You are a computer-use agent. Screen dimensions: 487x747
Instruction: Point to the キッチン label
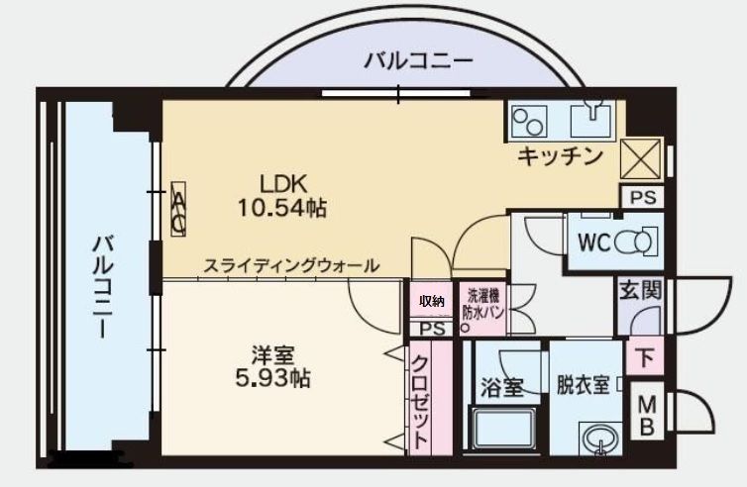pos(560,155)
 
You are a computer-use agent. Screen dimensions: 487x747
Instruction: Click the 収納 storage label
pos(430,301)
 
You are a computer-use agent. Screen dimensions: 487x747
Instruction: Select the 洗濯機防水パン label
pos(484,303)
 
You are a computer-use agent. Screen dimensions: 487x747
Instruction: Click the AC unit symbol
pos(178,211)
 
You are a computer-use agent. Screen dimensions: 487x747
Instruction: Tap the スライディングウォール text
pos(291,265)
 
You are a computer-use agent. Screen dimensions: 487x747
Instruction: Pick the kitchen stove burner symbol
pos(529,121)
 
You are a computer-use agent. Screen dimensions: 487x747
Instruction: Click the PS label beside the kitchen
pos(642,198)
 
